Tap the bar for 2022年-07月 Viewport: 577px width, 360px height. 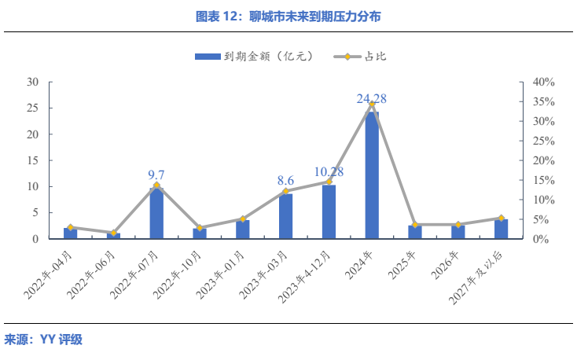click(x=156, y=213)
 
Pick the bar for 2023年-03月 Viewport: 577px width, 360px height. click(x=285, y=216)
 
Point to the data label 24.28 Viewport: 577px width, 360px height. click(x=372, y=99)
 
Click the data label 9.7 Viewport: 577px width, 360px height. click(x=156, y=174)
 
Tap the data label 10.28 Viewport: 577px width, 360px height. click(x=329, y=171)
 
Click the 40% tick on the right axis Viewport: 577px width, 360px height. click(x=543, y=82)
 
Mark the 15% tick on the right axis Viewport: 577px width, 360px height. click(x=543, y=180)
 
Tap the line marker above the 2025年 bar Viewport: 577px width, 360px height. click(x=415, y=225)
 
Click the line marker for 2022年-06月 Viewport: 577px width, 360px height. click(x=113, y=233)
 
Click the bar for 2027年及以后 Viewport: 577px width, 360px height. click(x=501, y=229)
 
